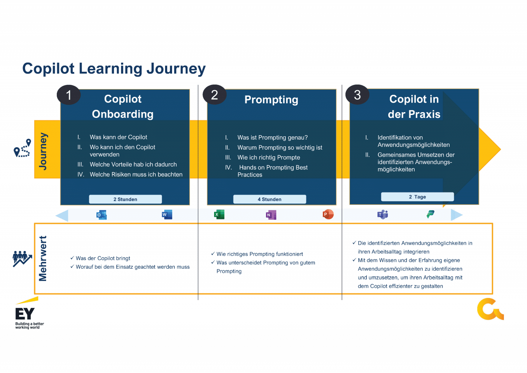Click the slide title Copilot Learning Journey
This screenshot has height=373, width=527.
point(114,69)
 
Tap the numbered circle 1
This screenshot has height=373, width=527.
point(69,95)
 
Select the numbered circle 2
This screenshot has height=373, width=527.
point(215,95)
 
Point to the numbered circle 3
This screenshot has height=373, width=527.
point(357,95)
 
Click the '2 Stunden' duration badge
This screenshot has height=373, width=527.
point(126,199)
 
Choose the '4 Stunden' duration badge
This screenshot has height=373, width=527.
point(270,199)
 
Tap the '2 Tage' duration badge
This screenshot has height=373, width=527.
point(417,197)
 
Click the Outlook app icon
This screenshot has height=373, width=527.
point(101,215)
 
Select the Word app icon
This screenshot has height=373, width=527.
point(167,214)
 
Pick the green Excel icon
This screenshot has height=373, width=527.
point(219,214)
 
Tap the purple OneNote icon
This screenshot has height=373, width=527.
point(271,215)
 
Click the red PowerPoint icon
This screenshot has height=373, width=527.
point(328,214)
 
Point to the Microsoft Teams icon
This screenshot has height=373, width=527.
point(382,214)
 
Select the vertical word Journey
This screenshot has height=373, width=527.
point(43,151)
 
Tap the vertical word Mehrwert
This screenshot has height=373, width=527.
point(42,258)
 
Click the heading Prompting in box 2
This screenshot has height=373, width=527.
point(271,100)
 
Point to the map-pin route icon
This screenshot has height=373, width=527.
point(22,148)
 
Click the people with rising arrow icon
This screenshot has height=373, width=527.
point(22,259)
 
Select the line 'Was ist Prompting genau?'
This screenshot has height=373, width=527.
point(273,138)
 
